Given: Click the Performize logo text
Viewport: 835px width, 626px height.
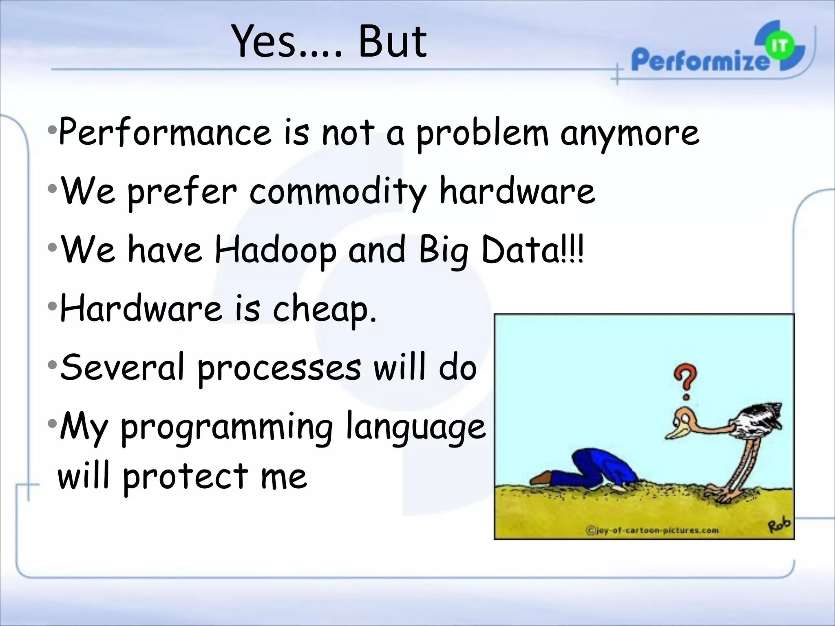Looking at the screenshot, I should click(x=700, y=60).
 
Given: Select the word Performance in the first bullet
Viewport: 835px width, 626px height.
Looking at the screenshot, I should click(x=165, y=132).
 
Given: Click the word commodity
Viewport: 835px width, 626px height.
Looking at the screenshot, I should click(x=338, y=192).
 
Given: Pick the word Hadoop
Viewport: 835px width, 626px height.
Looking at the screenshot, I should click(x=276, y=251).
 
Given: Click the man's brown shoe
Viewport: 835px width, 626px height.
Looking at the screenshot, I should click(x=542, y=478).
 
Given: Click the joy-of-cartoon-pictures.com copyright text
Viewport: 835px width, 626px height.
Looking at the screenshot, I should click(x=652, y=530).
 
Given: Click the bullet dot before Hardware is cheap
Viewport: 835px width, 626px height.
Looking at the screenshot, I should click(x=51, y=306).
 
